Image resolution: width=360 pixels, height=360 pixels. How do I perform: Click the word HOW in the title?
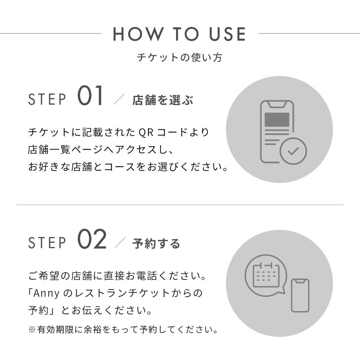point(137,34)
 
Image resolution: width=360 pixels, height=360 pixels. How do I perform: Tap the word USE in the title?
point(227,34)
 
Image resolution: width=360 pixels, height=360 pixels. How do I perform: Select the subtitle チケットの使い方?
point(180,58)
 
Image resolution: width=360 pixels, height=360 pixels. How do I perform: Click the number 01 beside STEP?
point(90,96)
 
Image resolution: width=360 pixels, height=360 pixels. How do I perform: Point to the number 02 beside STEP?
point(92,239)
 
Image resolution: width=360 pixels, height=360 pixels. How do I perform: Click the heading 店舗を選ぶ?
point(163,100)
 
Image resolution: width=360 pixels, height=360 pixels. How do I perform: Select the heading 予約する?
point(156,243)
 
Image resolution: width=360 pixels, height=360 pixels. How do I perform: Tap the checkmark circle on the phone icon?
point(293,151)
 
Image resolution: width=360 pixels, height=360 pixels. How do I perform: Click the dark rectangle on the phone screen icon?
point(277,120)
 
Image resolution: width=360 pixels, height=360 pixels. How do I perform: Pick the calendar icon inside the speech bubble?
point(266,275)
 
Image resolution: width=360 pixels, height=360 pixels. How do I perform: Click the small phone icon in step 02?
point(300,296)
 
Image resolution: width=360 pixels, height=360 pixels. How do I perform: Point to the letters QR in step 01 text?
point(146,132)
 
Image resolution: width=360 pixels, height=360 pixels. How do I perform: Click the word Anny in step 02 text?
point(46,293)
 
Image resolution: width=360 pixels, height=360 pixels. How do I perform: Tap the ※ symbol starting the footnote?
point(32,330)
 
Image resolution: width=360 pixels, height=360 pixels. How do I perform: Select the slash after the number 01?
point(119,99)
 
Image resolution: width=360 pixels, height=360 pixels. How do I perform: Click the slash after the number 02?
point(120,243)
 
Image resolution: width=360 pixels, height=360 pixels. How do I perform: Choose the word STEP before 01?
point(47,99)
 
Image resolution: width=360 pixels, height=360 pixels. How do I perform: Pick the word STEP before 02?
point(47,243)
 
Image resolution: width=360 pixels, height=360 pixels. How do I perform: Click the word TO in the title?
point(185,34)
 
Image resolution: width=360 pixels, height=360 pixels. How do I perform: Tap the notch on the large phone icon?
point(277,104)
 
